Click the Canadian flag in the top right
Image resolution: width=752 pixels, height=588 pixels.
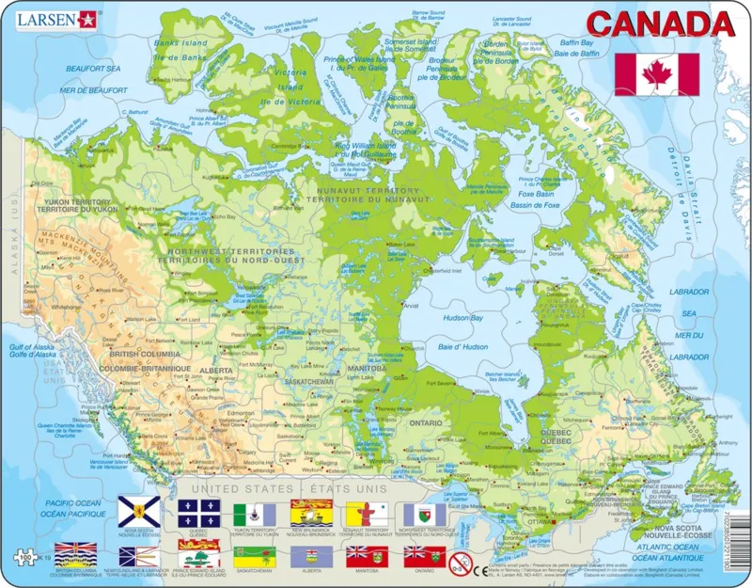click(656, 74)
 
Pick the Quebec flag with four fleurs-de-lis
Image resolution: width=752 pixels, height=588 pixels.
click(198, 513)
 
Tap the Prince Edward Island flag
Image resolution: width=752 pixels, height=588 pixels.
click(198, 554)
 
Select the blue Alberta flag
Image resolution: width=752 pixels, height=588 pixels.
click(311, 555)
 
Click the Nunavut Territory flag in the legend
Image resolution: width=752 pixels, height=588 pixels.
click(368, 513)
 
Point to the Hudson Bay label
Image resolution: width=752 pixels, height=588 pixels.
click(462, 319)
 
